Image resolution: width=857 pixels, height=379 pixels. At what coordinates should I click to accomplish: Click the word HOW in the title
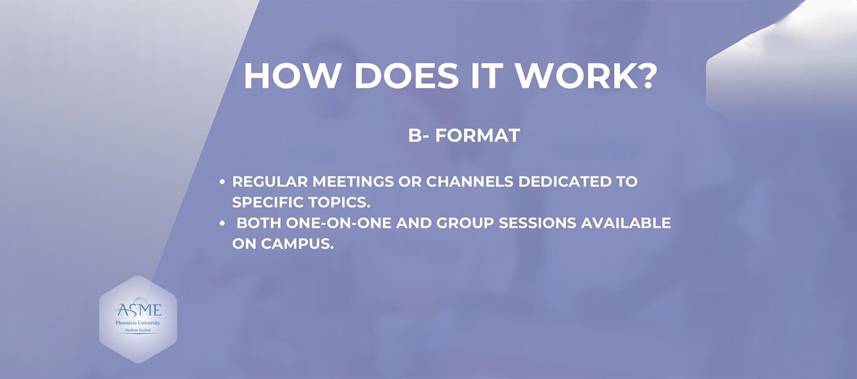pos(292,75)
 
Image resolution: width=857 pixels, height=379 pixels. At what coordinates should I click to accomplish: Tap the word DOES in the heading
pos(407,75)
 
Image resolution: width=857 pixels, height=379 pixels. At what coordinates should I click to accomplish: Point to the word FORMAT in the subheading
pos(477,135)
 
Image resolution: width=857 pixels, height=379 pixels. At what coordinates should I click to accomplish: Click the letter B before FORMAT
pos(415,135)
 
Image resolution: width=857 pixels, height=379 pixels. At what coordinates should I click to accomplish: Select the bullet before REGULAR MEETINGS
pos(222,182)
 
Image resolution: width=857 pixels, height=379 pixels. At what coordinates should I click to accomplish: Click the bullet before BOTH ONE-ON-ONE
pos(222,223)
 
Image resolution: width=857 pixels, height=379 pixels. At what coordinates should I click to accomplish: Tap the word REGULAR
pos(270,181)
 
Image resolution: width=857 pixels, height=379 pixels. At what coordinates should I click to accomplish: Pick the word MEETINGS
pos(353,181)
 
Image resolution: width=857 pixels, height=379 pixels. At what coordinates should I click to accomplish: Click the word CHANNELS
pos(470,181)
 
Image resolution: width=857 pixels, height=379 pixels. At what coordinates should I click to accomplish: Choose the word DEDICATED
pos(565,181)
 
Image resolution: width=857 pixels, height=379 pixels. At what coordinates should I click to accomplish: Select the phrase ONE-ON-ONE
pos(339,223)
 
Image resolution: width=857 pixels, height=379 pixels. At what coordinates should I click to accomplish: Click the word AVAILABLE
pos(626,223)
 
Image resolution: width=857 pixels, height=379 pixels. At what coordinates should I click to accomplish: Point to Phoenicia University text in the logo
pos(138,323)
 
